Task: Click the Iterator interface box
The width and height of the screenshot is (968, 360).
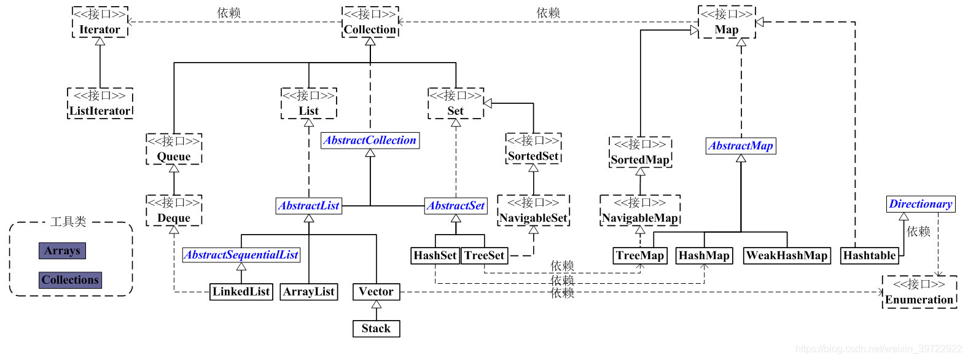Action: tap(100, 23)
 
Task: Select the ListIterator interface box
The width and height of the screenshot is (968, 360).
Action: tap(100, 103)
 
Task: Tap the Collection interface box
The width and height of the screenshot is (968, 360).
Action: tap(370, 23)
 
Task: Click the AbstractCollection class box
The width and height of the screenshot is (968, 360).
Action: tap(370, 141)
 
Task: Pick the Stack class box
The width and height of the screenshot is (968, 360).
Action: tap(376, 329)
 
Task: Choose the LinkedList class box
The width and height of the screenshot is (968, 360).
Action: tap(241, 292)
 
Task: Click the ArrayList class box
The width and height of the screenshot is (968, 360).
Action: tap(308, 292)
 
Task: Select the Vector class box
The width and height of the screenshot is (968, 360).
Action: tap(376, 292)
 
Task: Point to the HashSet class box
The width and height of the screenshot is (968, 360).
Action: tap(435, 256)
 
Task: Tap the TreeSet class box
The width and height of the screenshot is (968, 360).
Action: tap(484, 256)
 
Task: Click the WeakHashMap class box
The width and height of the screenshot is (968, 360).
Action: tap(786, 256)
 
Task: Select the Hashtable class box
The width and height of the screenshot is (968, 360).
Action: tap(868, 256)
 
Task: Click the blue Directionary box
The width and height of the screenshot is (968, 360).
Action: tap(920, 204)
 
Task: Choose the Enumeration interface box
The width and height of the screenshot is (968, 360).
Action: tap(919, 292)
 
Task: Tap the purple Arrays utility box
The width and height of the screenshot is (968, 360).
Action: tap(62, 251)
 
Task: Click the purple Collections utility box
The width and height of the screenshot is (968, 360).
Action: tap(70, 280)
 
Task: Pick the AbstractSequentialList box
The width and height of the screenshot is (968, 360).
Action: tap(241, 255)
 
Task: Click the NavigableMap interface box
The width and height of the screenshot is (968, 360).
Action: tap(639, 211)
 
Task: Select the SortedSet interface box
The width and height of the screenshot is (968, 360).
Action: tap(533, 149)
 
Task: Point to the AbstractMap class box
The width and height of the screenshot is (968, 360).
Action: tap(740, 146)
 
